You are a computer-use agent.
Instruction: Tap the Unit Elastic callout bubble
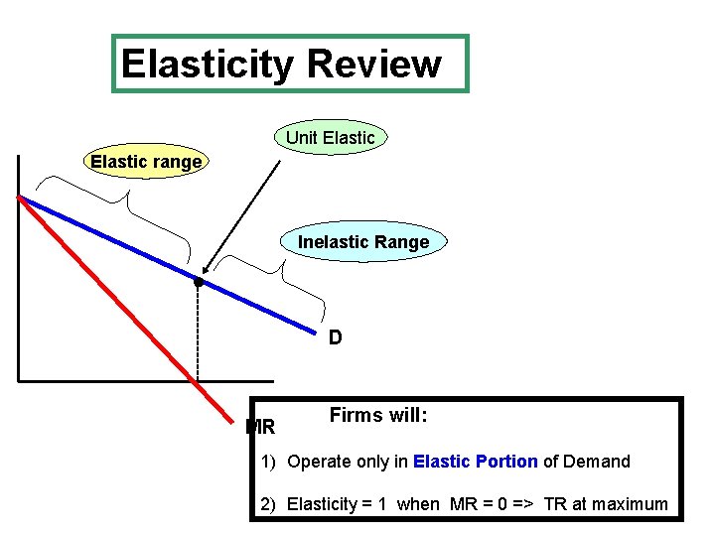[x=331, y=138]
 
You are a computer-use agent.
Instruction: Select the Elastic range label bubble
[x=146, y=161]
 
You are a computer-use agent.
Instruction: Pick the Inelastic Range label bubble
[x=363, y=242]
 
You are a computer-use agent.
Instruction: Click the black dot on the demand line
[x=199, y=283]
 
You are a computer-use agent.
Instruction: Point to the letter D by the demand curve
[x=336, y=338]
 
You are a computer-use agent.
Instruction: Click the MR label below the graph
[x=260, y=428]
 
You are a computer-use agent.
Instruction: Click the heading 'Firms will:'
[x=378, y=416]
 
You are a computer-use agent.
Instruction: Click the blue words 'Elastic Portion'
[x=476, y=462]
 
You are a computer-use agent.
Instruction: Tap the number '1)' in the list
[x=268, y=462]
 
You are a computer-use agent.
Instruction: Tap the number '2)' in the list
[x=268, y=504]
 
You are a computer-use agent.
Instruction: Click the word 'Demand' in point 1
[x=599, y=462]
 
